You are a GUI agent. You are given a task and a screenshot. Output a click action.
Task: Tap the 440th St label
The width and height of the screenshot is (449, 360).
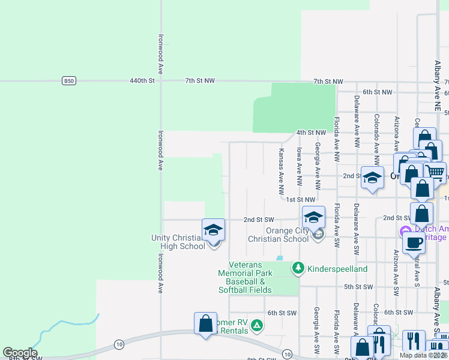142,80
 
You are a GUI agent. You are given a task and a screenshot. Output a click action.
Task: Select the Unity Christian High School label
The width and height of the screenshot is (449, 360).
178,242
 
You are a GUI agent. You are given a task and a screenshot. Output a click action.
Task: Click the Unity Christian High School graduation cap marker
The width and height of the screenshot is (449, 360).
213,230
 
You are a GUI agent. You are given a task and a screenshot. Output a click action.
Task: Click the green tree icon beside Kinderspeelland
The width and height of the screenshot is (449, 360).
298,268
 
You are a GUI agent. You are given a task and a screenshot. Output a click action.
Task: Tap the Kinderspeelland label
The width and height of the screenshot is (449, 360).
337,269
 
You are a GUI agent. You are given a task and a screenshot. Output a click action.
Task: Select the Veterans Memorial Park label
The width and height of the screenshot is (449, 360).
245,269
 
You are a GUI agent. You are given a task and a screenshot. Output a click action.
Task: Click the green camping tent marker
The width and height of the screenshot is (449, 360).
257,325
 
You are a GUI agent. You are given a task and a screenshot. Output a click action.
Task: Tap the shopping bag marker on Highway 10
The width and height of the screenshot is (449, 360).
205,323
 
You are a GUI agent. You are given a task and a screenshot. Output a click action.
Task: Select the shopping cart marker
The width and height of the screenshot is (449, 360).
435,172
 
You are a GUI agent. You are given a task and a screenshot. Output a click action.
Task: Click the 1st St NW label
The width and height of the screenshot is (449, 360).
301,199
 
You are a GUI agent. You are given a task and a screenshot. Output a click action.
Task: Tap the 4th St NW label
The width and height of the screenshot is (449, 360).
311,133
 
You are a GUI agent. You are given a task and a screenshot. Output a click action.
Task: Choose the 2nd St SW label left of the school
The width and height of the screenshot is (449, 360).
259,220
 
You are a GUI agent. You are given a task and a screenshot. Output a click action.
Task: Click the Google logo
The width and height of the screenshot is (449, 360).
20,353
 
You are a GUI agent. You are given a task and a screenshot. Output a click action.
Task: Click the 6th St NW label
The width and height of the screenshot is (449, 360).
377,92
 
